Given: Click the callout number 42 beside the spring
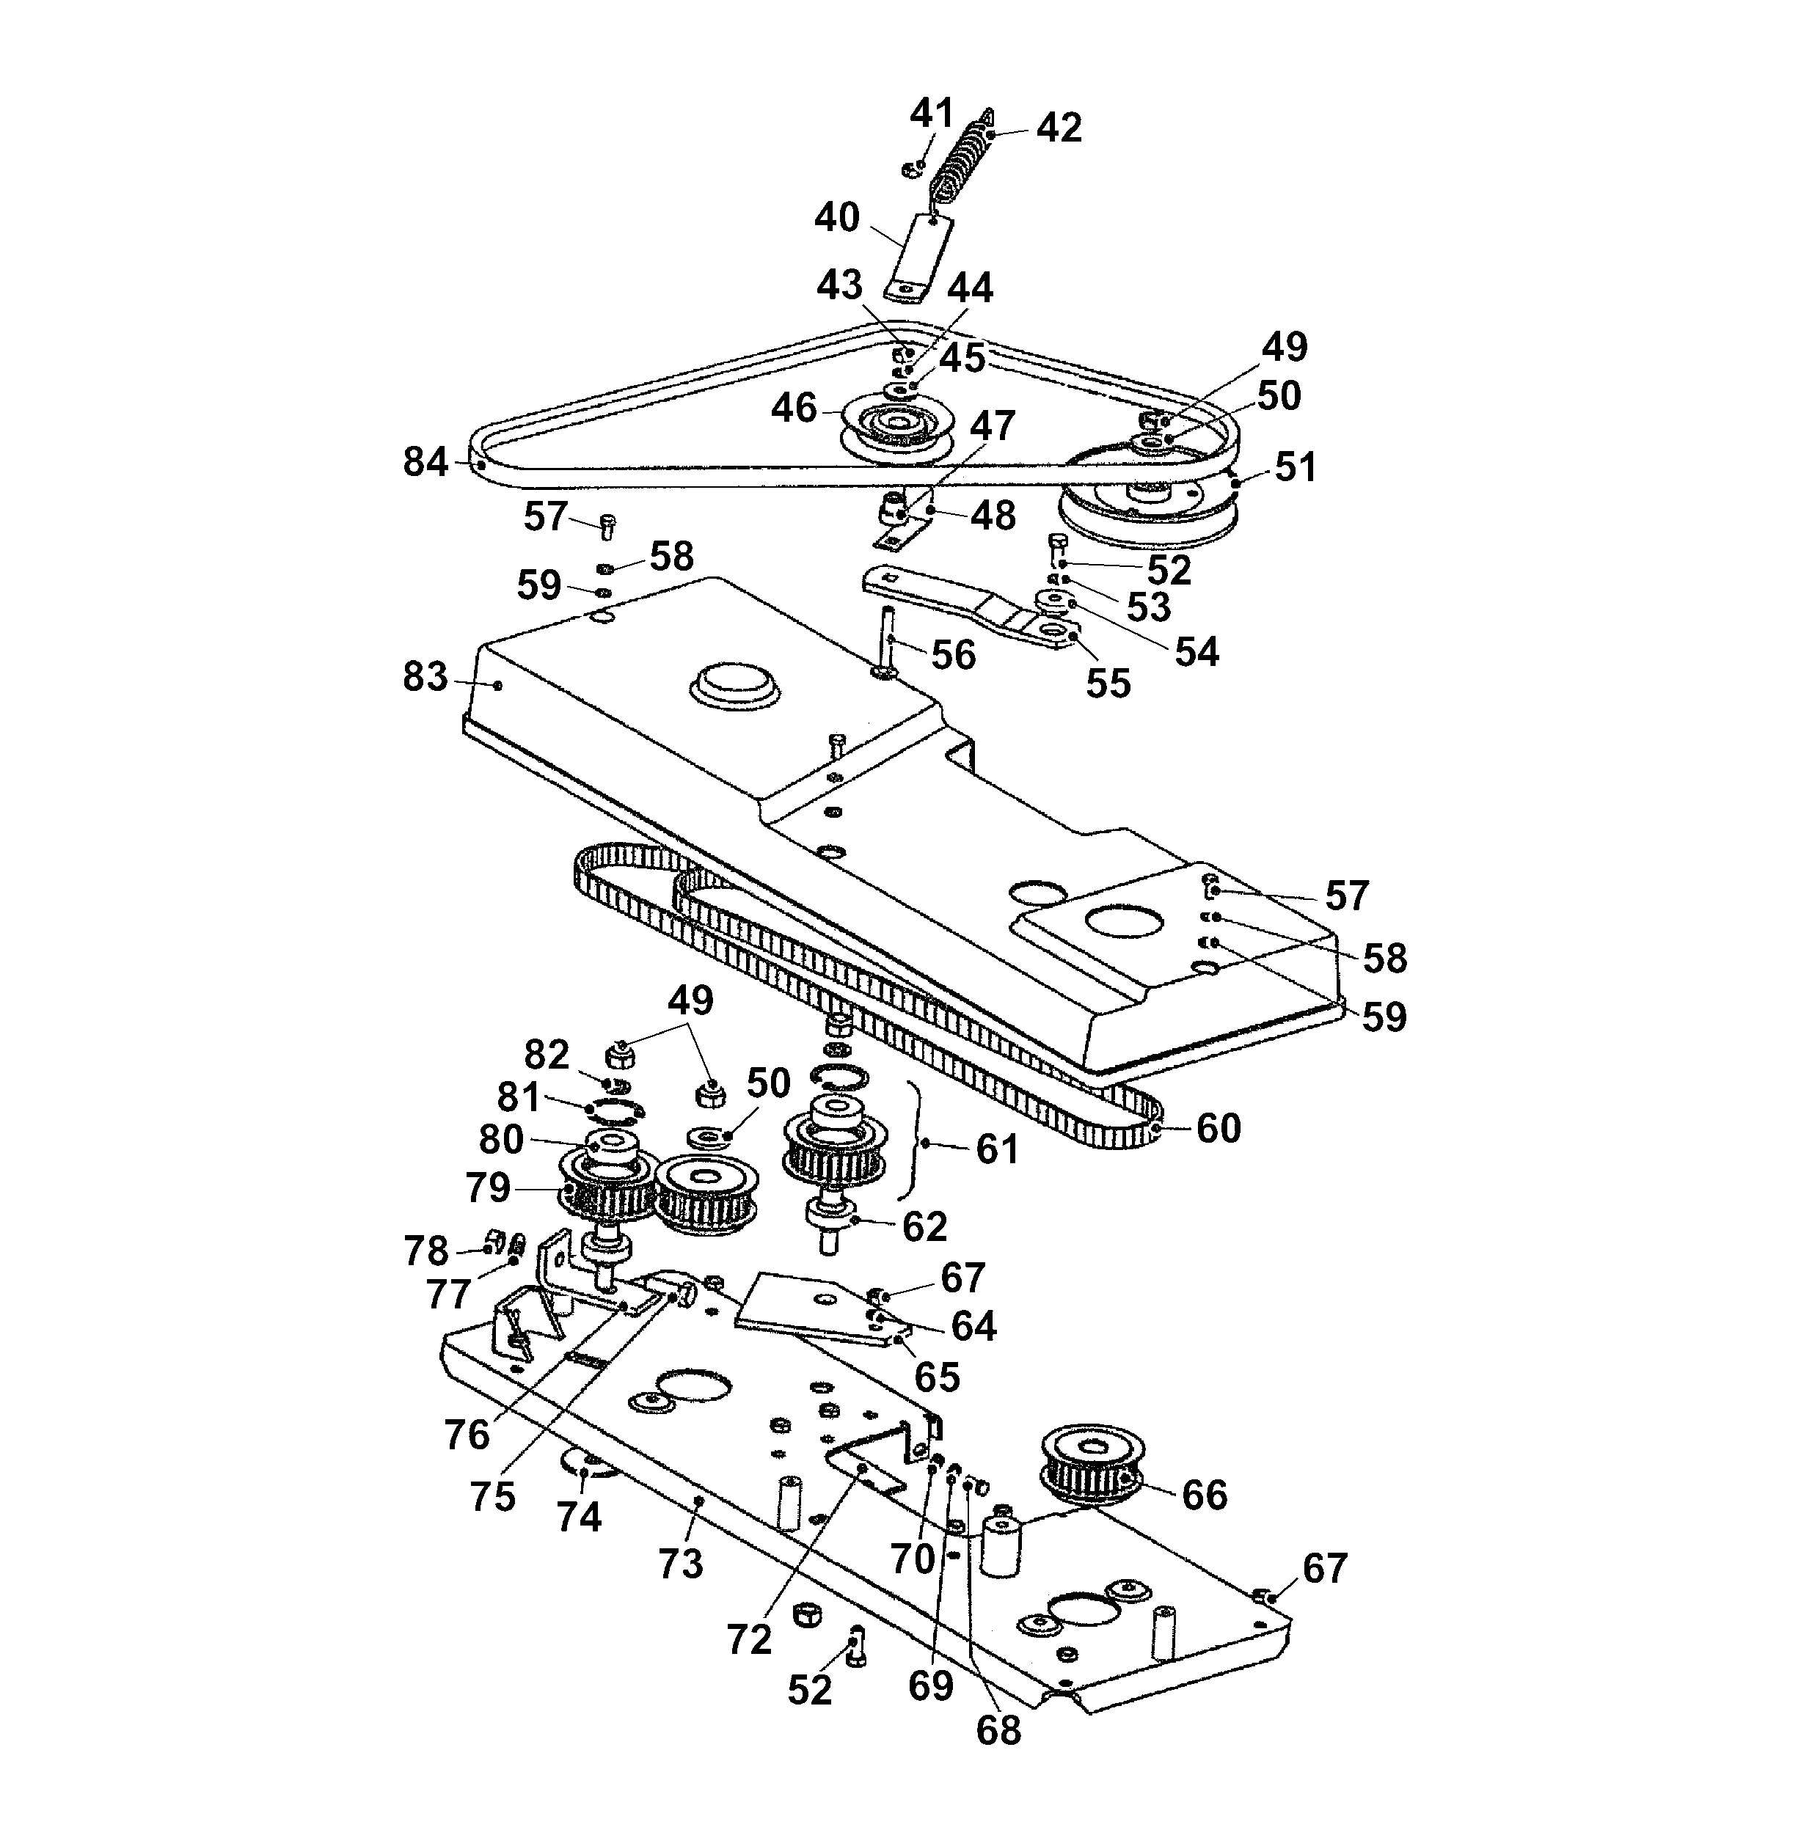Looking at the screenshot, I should coord(1059,128).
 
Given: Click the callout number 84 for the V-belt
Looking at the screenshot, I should coord(425,462).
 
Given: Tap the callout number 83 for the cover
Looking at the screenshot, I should coord(425,678).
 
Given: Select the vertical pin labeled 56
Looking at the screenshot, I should coord(887,640).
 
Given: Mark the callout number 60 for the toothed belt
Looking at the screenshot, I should coord(1219,1128).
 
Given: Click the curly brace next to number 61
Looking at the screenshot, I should coord(916,1142).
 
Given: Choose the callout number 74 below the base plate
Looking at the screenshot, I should coord(579,1517).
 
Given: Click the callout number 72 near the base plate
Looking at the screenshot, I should coord(748,1639).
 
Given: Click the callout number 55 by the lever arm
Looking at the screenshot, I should coord(1108,682).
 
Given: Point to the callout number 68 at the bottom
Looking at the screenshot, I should coord(998,1729).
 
